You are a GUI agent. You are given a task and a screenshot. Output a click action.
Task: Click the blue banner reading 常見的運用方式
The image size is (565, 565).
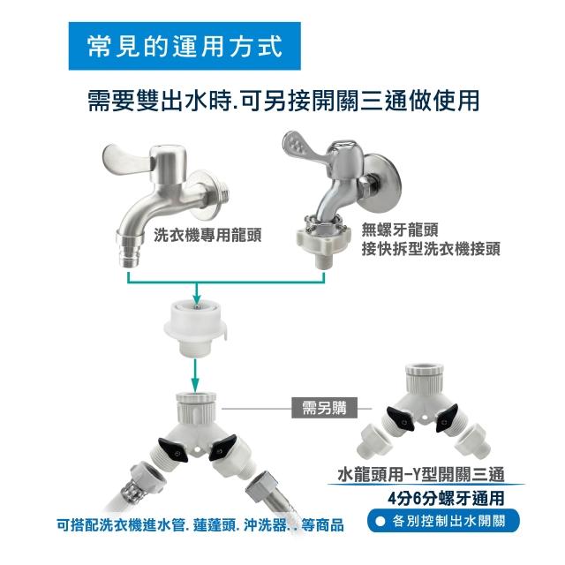click(x=185, y=46)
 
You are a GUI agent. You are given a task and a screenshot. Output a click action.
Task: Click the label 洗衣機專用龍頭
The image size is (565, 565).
click(x=207, y=236)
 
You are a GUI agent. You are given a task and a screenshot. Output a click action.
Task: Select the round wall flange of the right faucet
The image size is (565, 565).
click(x=382, y=183)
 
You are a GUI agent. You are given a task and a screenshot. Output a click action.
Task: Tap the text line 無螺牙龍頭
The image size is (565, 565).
click(x=400, y=230)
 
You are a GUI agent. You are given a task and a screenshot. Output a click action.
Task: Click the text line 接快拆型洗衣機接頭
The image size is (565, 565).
click(x=431, y=248)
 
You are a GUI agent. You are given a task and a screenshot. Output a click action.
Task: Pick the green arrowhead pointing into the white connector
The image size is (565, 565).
click(x=196, y=299)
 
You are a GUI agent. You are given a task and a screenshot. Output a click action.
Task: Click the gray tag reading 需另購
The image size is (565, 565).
click(x=324, y=408)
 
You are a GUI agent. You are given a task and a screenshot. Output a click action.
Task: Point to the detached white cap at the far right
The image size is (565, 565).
click(x=473, y=441)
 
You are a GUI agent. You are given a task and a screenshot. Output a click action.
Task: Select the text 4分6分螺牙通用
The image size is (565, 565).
click(x=446, y=498)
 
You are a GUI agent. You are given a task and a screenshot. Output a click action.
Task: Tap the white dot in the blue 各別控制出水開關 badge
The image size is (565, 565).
click(x=380, y=521)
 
